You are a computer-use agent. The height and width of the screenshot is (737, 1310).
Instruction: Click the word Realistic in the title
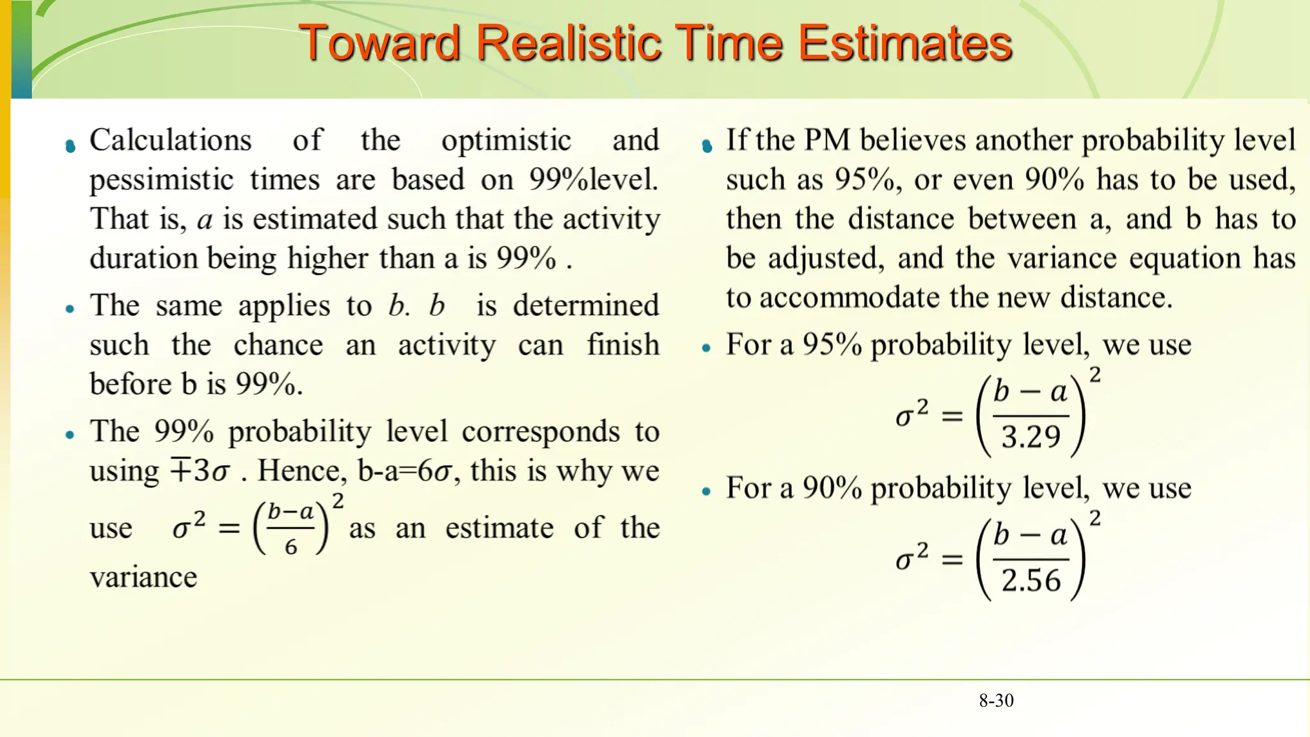point(569,44)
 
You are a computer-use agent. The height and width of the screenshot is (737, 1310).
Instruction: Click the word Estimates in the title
point(904,44)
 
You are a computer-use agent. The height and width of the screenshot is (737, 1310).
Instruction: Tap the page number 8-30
point(996,701)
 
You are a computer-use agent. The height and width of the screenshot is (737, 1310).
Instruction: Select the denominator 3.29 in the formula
point(1030,438)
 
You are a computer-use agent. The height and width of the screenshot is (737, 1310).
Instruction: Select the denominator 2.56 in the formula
point(1030,581)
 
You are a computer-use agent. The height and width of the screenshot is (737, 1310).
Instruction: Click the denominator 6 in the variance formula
point(291,547)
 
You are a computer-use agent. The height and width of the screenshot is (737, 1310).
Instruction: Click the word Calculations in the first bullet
point(170,140)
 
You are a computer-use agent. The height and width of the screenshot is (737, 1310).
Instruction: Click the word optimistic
point(506,140)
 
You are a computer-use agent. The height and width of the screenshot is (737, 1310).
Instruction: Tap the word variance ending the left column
point(143,578)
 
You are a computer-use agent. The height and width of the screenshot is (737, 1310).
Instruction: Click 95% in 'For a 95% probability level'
point(832,345)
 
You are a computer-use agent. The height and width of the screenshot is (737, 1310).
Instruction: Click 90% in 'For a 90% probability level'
point(832,488)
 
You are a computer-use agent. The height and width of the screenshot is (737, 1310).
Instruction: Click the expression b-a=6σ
point(405,472)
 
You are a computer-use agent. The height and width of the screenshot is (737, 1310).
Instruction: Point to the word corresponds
point(541,432)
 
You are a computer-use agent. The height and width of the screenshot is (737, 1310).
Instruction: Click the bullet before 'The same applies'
point(70,309)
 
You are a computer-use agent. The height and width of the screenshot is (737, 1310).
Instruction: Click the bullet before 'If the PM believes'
point(707,147)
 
